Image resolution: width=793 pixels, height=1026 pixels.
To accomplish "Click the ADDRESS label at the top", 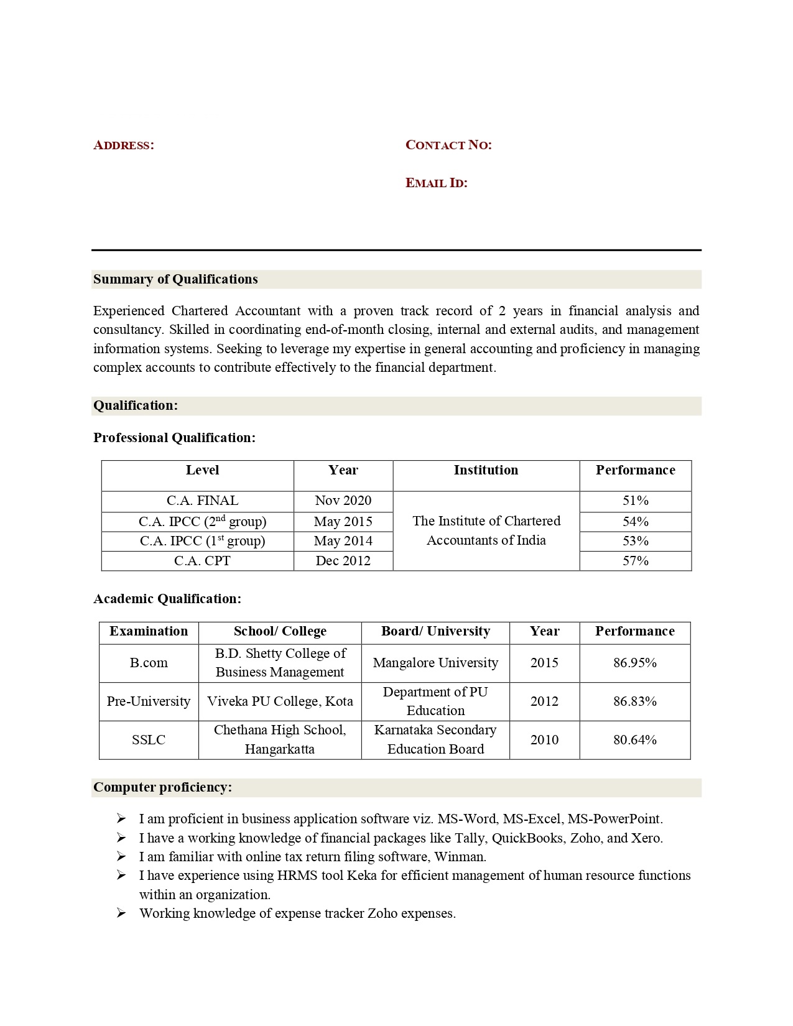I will [x=123, y=146].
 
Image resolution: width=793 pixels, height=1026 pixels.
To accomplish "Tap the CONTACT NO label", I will [x=448, y=145].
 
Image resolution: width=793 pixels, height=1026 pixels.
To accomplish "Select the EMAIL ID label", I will [x=436, y=183].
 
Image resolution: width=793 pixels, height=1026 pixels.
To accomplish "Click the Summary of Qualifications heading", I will [x=175, y=279].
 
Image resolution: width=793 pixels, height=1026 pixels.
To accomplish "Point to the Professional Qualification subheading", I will [x=174, y=438].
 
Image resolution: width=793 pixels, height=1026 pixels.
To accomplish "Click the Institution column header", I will [x=486, y=470].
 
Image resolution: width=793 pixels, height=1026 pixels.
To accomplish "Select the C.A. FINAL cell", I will [x=202, y=501].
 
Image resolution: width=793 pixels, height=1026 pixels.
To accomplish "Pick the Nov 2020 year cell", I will [x=343, y=501].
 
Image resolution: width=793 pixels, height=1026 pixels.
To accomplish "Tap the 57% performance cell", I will [x=635, y=561].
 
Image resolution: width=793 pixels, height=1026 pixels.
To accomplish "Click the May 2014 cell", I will [x=343, y=541].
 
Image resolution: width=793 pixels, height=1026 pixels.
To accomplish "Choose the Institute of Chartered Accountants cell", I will [x=486, y=530].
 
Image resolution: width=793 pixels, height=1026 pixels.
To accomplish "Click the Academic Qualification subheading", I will [x=167, y=599].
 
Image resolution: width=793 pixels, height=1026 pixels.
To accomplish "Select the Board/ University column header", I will [x=435, y=631].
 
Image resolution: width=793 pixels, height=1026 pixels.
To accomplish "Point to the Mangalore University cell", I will [x=435, y=663].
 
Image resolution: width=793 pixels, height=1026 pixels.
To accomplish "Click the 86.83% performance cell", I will [x=634, y=701].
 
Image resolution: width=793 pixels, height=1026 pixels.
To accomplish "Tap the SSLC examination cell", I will [x=149, y=740].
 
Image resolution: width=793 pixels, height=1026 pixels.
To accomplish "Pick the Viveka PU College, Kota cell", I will [x=280, y=701].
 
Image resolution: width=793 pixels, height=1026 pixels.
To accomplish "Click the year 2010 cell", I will [x=544, y=740].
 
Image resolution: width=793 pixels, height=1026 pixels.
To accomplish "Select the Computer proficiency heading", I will [x=162, y=787].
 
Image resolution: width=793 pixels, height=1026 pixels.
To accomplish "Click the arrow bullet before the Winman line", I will [x=121, y=857].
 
